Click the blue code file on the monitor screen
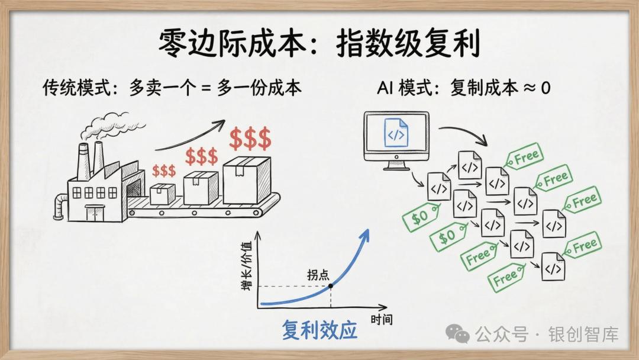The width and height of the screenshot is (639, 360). click(x=396, y=133)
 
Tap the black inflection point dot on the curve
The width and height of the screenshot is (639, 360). click(x=331, y=286)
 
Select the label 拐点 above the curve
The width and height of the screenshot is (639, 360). click(x=318, y=274)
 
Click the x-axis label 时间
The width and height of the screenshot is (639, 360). click(x=382, y=320)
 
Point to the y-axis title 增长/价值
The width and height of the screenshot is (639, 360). click(x=246, y=266)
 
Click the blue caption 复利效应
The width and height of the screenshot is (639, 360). click(x=319, y=330)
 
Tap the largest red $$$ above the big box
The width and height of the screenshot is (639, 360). click(x=250, y=138)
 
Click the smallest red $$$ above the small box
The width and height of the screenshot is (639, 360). click(x=164, y=171)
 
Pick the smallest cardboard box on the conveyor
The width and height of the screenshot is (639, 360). click(x=163, y=194)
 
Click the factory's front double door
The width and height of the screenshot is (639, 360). click(x=94, y=213)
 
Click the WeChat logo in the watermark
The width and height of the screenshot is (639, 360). click(x=457, y=334)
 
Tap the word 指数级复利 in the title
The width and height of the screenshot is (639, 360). click(x=408, y=42)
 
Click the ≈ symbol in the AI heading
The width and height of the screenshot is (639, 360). click(x=530, y=88)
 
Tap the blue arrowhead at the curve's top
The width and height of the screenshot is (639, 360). click(x=364, y=236)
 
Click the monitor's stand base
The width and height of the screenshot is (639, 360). click(x=396, y=167)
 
